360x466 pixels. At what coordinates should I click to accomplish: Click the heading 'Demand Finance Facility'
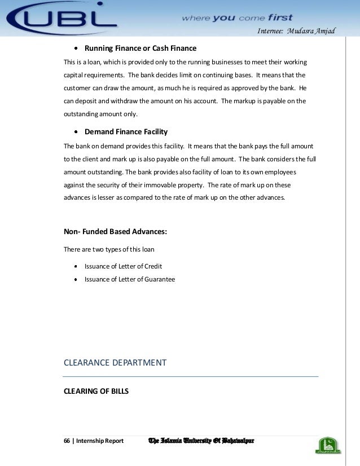pos(126,132)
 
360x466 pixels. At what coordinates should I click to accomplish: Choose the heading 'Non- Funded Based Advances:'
pos(116,231)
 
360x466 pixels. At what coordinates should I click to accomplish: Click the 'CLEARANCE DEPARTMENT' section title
pos(115,363)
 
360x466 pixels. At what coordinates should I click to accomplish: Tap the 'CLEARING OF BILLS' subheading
pos(96,389)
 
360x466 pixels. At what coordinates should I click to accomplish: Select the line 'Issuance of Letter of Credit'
pos(123,266)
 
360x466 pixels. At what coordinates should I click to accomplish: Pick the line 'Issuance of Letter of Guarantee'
pos(129,279)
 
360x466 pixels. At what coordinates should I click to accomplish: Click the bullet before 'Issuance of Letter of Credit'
pos(76,266)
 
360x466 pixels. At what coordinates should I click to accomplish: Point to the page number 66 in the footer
pos(67,441)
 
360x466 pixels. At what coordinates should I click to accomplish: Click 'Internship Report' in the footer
pos(100,441)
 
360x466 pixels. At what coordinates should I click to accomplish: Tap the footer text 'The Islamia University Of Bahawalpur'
pos(200,440)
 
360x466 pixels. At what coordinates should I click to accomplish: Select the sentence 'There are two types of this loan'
pos(109,249)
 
